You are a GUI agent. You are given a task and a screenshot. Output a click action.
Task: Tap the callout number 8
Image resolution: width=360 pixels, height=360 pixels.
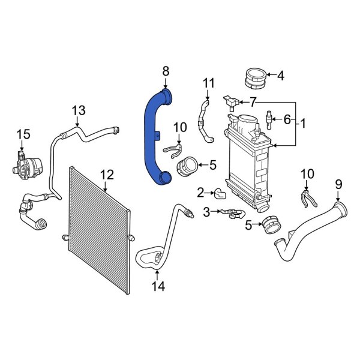[x=166, y=72]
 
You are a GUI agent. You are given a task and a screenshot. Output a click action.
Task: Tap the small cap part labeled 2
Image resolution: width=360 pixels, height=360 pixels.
[x=220, y=193]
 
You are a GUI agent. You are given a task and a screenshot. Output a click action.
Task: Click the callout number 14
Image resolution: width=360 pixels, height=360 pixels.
[x=157, y=287]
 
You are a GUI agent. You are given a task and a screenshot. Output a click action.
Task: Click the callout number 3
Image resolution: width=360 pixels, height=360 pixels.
[x=207, y=211]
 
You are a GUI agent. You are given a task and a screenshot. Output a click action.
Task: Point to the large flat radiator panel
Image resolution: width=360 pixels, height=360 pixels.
[x=99, y=231]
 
